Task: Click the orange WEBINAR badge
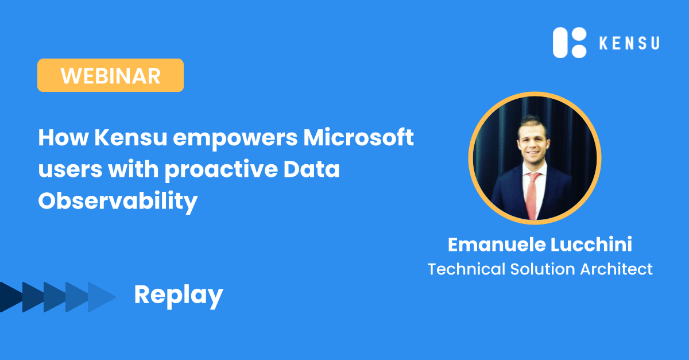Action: (110, 75)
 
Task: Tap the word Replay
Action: (179, 295)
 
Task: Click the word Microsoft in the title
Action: (359, 137)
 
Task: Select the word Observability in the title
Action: (118, 202)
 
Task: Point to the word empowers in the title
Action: (235, 140)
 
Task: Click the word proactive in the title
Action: (221, 171)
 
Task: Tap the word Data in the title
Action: (311, 169)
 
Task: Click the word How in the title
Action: (63, 138)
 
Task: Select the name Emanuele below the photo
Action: (497, 245)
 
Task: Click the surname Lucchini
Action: (591, 245)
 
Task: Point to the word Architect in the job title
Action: (617, 269)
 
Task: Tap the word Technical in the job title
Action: (467, 269)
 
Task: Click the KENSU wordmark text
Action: (629, 43)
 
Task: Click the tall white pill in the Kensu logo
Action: (560, 42)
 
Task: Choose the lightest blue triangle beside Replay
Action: (102, 297)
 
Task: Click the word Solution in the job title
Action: (543, 269)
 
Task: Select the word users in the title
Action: (70, 170)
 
